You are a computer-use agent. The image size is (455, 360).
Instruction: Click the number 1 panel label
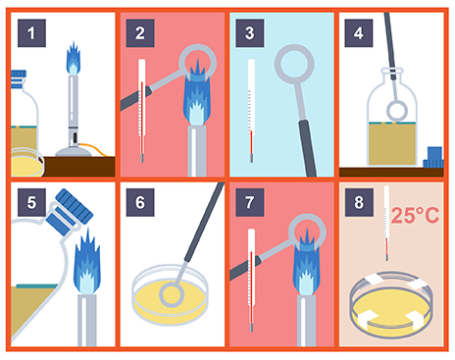31,33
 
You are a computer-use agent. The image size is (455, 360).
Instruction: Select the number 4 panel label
359,33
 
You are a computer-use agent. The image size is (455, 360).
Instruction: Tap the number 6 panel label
140,202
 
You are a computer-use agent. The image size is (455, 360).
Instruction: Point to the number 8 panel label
359,202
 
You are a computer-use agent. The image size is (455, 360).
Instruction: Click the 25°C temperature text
415,215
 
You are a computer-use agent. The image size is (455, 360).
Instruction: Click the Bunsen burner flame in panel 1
74,58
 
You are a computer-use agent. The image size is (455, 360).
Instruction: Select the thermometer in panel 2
141,111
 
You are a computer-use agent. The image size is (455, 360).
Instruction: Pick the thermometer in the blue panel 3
251,111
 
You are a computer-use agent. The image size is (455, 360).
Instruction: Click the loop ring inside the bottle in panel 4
397,111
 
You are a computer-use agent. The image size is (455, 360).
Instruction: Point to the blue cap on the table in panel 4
433,158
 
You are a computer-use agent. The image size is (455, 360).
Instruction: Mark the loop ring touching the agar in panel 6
172,294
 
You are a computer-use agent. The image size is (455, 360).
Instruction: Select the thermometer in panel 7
251,280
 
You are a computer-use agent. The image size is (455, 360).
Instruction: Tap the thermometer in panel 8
386,224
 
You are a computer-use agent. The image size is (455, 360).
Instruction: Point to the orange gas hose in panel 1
95,149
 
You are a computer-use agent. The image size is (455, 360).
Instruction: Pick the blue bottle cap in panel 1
19,79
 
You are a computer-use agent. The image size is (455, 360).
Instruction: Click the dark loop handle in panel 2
135,98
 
